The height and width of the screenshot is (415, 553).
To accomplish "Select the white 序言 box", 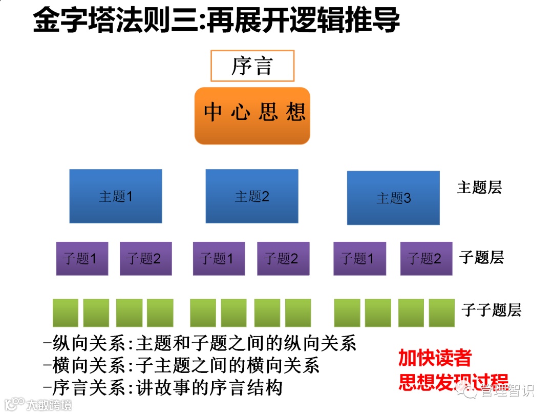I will pyautogui.click(x=252, y=66).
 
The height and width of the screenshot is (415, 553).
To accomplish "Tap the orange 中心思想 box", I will pyautogui.click(x=252, y=115).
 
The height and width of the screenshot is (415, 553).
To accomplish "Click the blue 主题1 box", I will pyautogui.click(x=116, y=196).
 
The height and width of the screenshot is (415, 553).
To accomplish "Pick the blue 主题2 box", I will pyautogui.click(x=252, y=196).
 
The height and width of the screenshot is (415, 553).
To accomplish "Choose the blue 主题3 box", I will pyautogui.click(x=393, y=198).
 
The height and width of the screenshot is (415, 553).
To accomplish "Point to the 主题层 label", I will pyautogui.click(x=479, y=188).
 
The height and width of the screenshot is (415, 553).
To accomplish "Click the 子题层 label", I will pyautogui.click(x=481, y=257).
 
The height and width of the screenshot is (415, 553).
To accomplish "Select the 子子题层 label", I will pyautogui.click(x=491, y=310).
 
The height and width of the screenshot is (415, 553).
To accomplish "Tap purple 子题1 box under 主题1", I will pyautogui.click(x=82, y=258).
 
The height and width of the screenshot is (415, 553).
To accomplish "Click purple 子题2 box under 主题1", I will pyautogui.click(x=145, y=258).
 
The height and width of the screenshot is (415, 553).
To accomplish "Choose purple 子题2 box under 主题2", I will pyautogui.click(x=283, y=258).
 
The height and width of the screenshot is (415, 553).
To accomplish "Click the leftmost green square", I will pyautogui.click(x=66, y=313).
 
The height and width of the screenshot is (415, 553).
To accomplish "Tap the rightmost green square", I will pyautogui.click(x=441, y=313).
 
